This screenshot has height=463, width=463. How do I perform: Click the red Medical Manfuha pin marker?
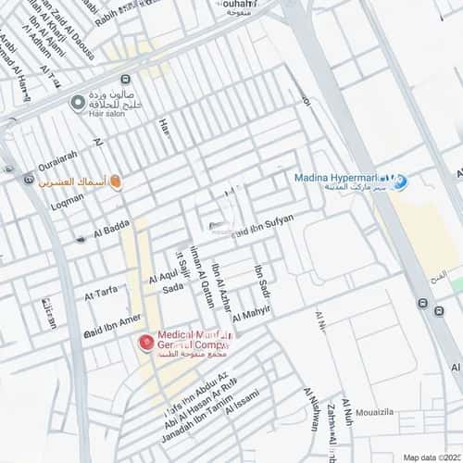click(x=144, y=343)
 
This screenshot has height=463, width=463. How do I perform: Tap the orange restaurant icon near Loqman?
click(x=116, y=183)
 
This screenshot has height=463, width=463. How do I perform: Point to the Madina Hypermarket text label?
click(x=339, y=178)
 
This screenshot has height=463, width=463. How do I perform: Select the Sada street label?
click(x=172, y=289)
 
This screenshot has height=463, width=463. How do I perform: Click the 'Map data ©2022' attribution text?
click(x=430, y=457)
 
